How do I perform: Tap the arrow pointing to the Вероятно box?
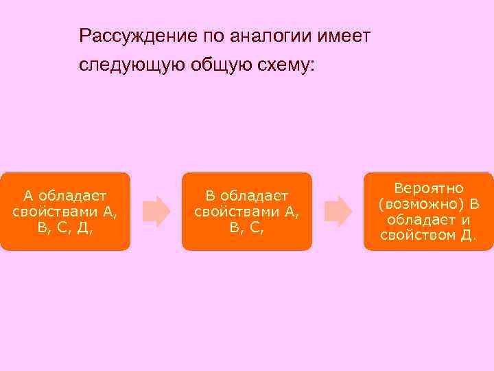338,211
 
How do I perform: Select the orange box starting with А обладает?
64,211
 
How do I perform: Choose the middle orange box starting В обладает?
247,211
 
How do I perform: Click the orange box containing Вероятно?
428,211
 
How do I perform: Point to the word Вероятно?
429,188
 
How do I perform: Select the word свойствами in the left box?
56,211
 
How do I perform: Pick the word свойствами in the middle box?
237,211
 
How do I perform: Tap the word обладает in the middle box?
254,196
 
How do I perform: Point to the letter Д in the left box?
81,227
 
